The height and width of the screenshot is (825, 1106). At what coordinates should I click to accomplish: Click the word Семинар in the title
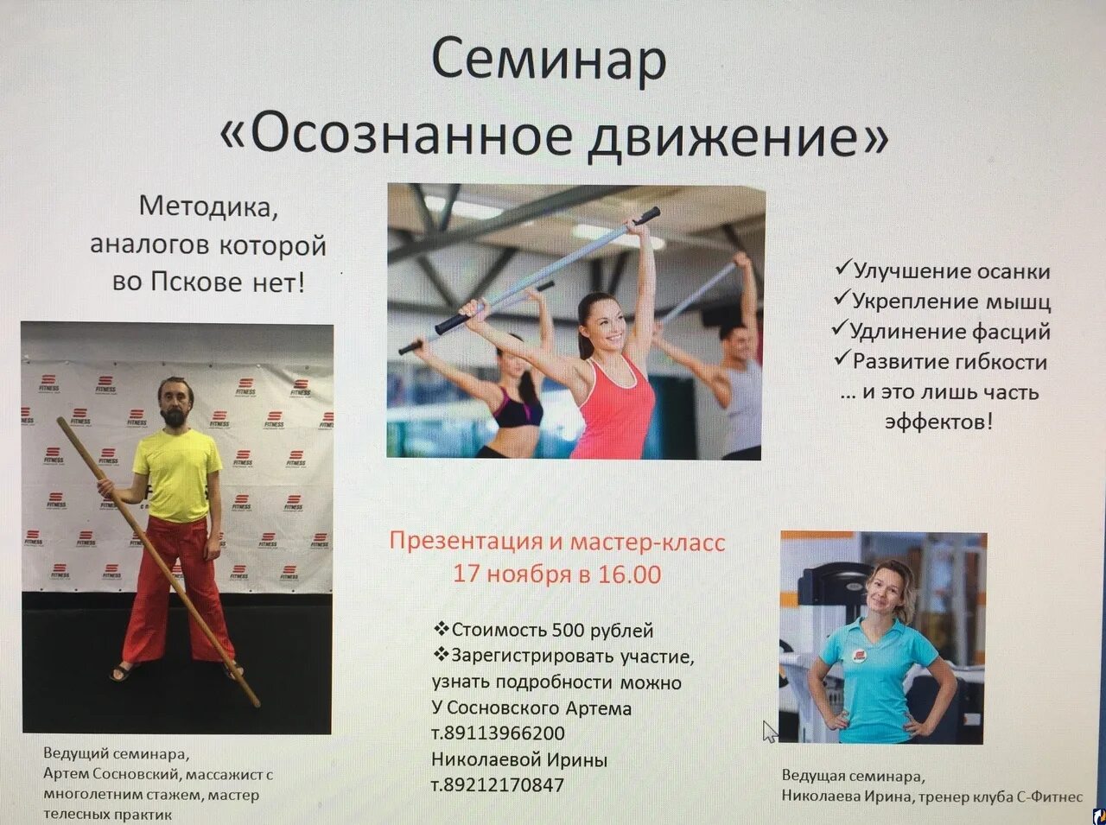click(549, 60)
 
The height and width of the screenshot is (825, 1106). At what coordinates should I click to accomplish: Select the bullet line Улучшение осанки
click(943, 271)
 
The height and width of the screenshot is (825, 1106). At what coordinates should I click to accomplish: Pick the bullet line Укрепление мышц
click(943, 301)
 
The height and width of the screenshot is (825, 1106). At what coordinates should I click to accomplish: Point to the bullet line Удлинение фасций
click(941, 332)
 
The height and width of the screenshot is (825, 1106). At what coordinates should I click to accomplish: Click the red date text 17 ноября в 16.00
click(557, 574)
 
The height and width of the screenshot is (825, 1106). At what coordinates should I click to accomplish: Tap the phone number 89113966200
click(503, 733)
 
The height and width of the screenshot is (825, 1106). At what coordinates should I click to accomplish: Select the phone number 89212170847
click(503, 785)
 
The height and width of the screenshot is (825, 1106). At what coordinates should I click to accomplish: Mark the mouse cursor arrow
click(769, 731)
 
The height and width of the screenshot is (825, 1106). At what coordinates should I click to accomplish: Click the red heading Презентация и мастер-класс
click(557, 543)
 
